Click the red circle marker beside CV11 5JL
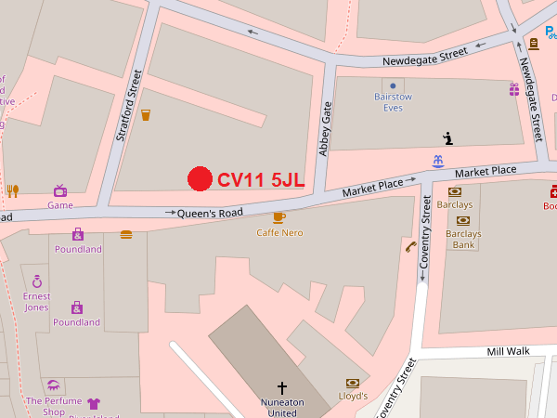[x=199, y=179]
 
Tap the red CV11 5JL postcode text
[x=261, y=180]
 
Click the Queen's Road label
[x=210, y=213]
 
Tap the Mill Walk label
[x=507, y=352]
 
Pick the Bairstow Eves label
[x=393, y=102]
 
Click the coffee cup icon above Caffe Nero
[x=278, y=217]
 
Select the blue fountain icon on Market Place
[x=437, y=162]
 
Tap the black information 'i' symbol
[x=448, y=138]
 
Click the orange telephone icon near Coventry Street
[x=410, y=246]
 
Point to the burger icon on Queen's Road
[x=126, y=235]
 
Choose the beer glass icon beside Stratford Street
[x=145, y=115]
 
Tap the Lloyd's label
[x=353, y=396]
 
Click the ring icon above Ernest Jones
[x=37, y=280]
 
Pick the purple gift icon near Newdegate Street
[x=513, y=89]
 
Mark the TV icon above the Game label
[x=60, y=190]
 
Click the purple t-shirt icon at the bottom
[x=93, y=404]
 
